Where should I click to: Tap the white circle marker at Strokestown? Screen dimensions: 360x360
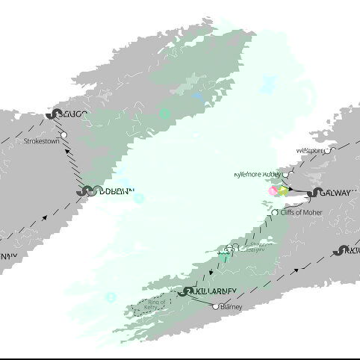(63, 135)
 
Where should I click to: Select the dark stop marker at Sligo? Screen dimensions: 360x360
(52, 114)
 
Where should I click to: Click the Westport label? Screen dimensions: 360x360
(310, 150)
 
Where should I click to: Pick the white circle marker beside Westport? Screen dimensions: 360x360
(327, 150)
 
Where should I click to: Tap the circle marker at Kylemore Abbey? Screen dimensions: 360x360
(285, 175)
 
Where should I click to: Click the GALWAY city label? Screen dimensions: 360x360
(335, 193)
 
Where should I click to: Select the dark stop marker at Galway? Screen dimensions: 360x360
(314, 193)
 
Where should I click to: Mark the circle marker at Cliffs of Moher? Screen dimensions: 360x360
(275, 213)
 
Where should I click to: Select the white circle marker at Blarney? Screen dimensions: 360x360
(216, 306)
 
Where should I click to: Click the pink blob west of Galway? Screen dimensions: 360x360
(273, 191)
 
